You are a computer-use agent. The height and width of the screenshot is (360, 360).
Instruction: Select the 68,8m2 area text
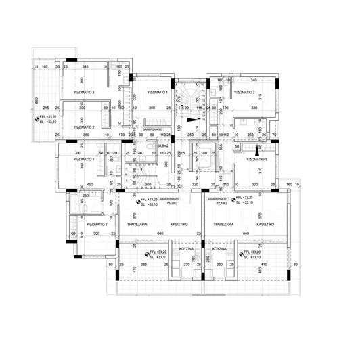(x=162, y=145)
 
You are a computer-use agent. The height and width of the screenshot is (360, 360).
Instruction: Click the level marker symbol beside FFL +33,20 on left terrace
(x=37, y=119)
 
